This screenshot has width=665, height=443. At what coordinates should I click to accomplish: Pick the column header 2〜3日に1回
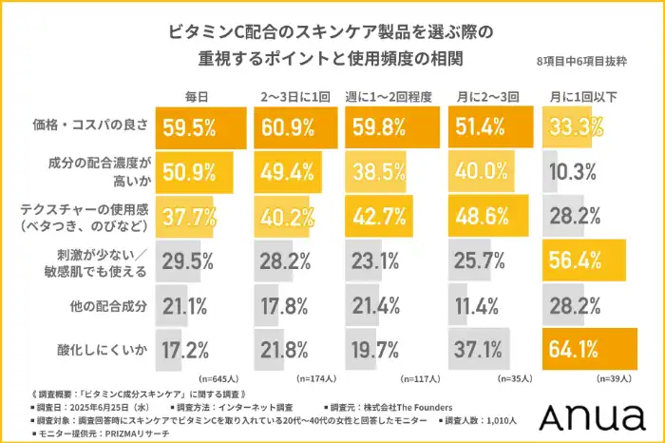tap(295, 98)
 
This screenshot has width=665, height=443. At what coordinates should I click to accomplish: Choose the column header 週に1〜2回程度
tap(393, 98)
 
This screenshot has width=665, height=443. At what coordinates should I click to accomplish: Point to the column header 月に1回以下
tap(584, 98)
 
